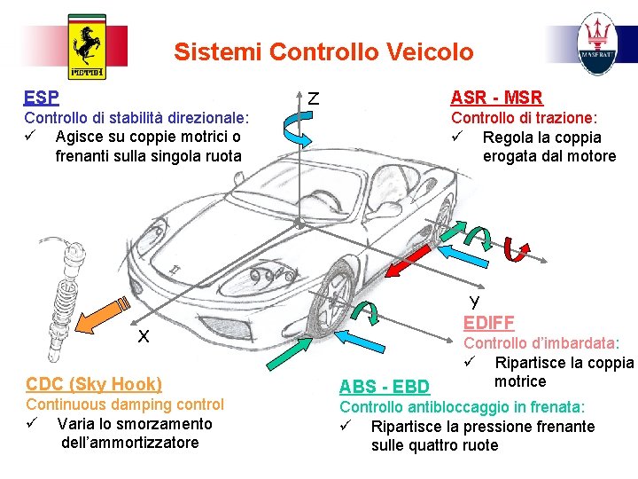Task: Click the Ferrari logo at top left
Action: click(86, 46)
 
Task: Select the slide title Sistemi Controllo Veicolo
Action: click(323, 51)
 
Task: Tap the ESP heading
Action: click(42, 98)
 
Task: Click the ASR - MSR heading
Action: click(496, 98)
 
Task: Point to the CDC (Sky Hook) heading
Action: click(94, 384)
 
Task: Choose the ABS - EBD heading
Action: click(385, 386)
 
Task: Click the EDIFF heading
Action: click(488, 323)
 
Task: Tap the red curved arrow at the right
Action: click(514, 251)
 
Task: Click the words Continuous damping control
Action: click(125, 404)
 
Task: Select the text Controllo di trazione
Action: click(524, 118)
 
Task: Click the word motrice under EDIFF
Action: click(520, 381)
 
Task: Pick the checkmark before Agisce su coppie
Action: click(31, 137)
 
